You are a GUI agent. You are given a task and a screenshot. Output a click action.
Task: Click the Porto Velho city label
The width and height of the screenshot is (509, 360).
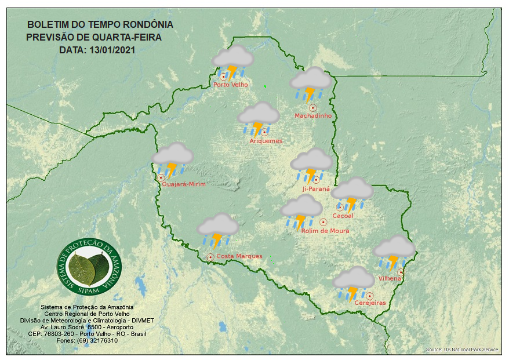coord(231,85)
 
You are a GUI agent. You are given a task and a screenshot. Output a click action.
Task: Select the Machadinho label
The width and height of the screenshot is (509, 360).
coord(313,116)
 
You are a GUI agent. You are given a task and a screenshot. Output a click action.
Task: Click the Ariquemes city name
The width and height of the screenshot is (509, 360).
coord(266,141)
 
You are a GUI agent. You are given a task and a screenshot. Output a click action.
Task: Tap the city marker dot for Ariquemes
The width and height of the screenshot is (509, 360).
coord(264,132)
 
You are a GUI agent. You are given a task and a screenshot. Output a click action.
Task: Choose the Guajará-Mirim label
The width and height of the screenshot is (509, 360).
coord(184,184)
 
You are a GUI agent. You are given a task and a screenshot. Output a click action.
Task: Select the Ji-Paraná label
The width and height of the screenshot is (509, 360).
coord(316,189)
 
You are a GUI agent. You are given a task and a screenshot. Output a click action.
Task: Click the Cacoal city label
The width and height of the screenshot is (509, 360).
coord(343,216)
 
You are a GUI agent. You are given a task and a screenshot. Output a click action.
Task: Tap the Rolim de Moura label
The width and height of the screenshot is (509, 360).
coord(325,231)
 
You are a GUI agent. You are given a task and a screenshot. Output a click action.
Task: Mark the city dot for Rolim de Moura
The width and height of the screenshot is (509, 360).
coord(323,222)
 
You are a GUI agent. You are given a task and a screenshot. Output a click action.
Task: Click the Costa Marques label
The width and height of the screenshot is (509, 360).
coord(239,256)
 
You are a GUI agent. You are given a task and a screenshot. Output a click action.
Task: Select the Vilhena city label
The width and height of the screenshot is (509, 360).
coord(390,278)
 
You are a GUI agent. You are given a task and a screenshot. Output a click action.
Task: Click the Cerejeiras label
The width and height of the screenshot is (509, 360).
coord(370,303)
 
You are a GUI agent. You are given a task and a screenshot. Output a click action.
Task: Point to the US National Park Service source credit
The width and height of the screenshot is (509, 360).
coord(461,350)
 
